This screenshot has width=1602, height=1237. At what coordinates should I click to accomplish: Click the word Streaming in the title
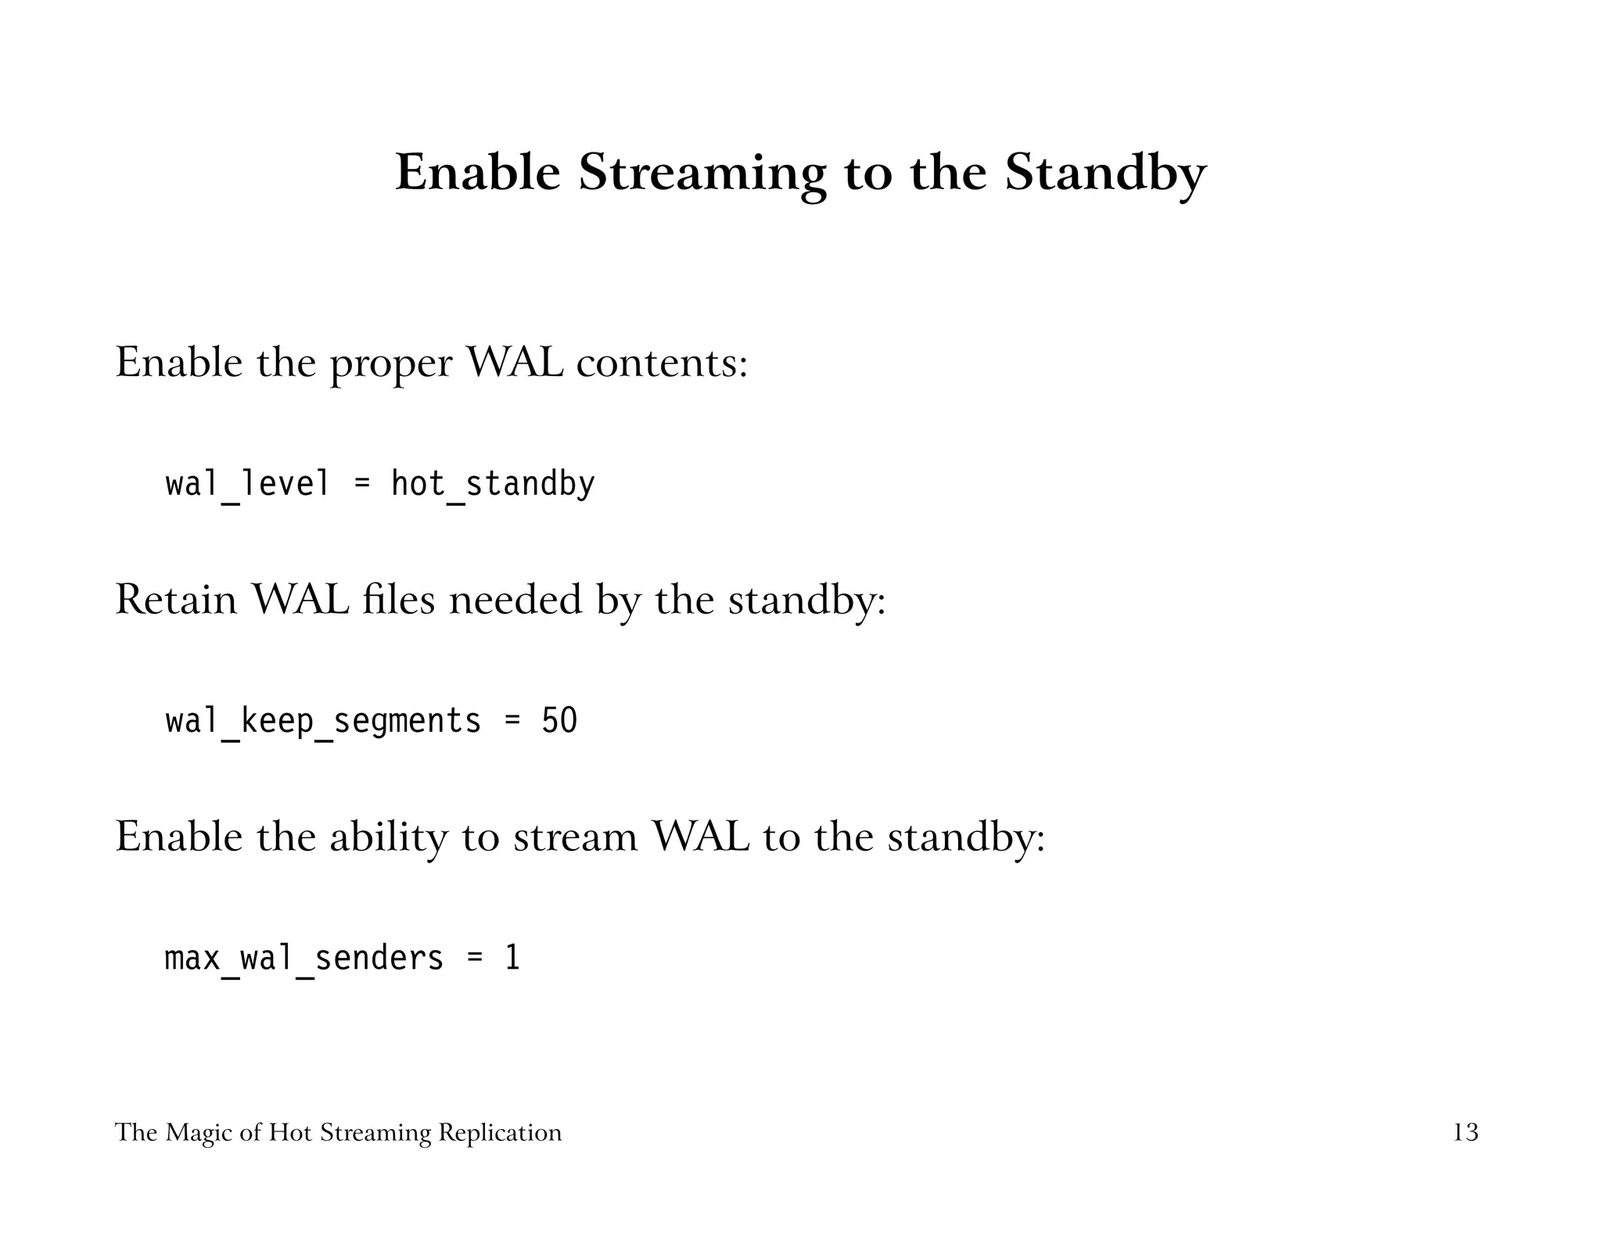[x=702, y=174]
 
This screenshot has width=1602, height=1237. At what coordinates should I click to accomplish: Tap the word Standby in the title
[x=1105, y=174]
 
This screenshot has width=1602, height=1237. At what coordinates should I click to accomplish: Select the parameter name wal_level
[x=247, y=484]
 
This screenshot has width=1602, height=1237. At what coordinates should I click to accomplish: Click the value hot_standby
[x=493, y=484]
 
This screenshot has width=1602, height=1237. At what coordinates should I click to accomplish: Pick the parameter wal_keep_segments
[x=323, y=721]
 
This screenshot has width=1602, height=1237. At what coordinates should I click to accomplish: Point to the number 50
[x=559, y=721]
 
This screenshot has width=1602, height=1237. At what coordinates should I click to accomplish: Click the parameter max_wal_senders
[x=304, y=958]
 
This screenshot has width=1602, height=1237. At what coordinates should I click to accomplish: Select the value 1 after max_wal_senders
[x=512, y=958]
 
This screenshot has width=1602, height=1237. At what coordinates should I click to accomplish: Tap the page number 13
[x=1465, y=1132]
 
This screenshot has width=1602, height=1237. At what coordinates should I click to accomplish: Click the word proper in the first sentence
[x=391, y=364]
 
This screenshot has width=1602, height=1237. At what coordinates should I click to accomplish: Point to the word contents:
[x=662, y=363]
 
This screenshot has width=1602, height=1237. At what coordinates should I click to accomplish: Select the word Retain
[x=176, y=600]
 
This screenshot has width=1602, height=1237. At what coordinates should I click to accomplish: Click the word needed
[x=515, y=600]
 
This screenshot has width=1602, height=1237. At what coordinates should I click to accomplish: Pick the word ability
[x=388, y=837]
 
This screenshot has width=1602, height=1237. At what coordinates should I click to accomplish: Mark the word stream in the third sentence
[x=575, y=837]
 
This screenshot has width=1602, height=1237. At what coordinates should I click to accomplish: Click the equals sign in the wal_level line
[x=361, y=484]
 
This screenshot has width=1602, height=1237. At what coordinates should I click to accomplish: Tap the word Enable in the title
[x=478, y=174]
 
